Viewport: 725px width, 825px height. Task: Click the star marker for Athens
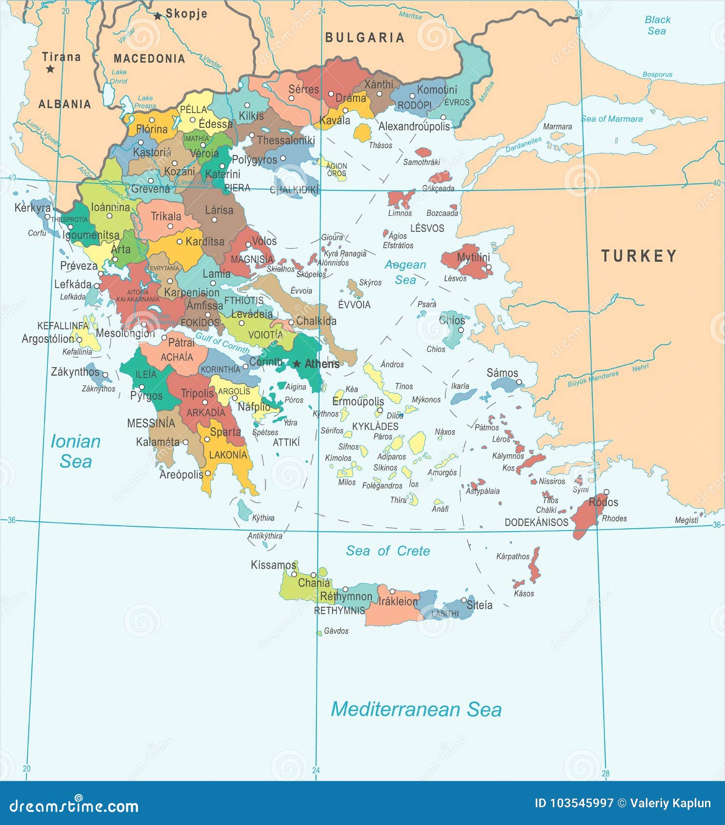(x=297, y=364)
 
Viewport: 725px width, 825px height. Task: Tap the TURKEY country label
(x=639, y=256)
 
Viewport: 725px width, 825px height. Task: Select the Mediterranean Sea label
(x=416, y=709)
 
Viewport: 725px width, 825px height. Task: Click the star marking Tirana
(x=50, y=69)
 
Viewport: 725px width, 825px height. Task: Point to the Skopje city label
(x=186, y=14)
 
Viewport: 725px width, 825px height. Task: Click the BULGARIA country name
(x=364, y=38)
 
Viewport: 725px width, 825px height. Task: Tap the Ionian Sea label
(x=76, y=451)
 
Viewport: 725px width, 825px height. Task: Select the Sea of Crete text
(x=388, y=551)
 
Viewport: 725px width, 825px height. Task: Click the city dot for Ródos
(x=606, y=492)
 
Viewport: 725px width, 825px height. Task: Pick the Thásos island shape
(x=362, y=132)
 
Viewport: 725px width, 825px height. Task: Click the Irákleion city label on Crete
(x=398, y=601)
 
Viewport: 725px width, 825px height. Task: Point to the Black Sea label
(x=657, y=25)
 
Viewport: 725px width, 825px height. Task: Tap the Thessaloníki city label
(x=286, y=141)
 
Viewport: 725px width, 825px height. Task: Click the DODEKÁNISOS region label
(x=536, y=522)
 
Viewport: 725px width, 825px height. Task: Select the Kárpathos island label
(x=512, y=556)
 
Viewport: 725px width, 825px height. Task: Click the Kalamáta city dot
(x=185, y=442)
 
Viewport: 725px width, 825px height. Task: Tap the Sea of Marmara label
(x=611, y=119)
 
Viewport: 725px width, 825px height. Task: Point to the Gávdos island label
(x=336, y=631)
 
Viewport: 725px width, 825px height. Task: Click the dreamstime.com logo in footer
(x=74, y=806)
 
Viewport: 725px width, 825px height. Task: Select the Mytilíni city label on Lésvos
(x=473, y=257)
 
